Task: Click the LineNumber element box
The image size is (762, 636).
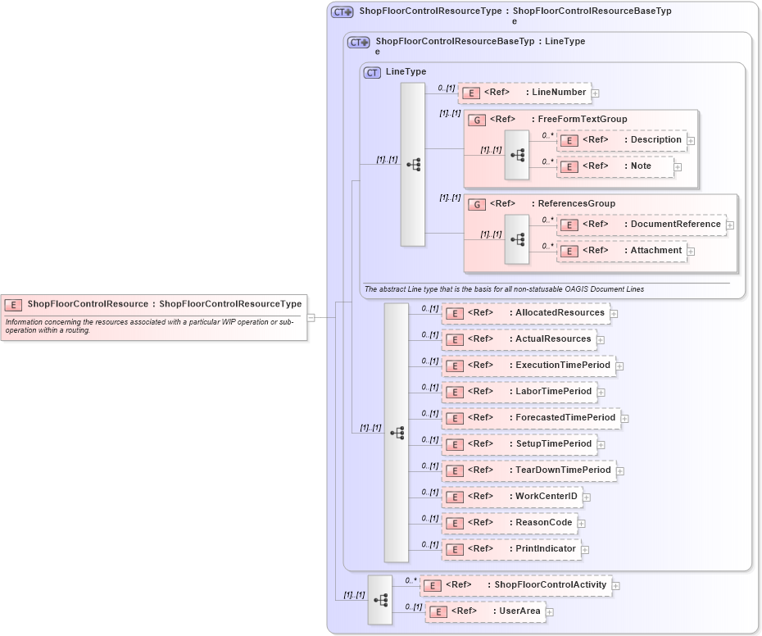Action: pos(524,93)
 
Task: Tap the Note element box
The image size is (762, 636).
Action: pos(615,166)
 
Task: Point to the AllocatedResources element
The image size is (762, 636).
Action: pos(524,313)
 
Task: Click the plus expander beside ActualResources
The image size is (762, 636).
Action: pos(601,340)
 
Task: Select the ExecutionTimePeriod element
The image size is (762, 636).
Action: pos(528,366)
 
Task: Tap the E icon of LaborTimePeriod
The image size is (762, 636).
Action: pos(455,393)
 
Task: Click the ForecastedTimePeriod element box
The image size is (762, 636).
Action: pos(530,418)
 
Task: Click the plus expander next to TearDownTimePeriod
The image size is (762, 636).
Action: pos(620,471)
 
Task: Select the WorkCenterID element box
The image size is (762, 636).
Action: pos(511,497)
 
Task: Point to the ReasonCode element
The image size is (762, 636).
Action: pos(509,523)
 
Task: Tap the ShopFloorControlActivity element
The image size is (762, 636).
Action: pos(515,585)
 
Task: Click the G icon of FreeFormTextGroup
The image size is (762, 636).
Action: pos(477,120)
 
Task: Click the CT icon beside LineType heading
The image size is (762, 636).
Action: pos(373,72)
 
